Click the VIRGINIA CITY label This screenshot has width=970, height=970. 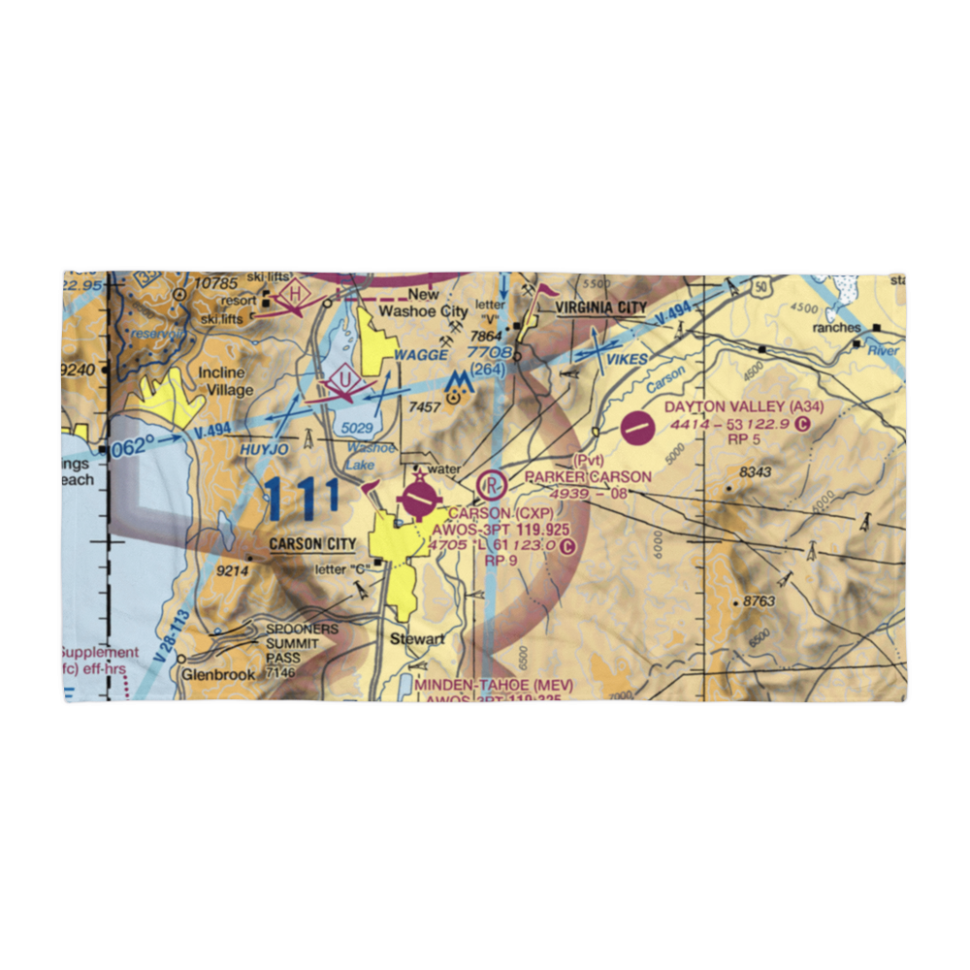coord(600,307)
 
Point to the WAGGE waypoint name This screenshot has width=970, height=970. coord(421,355)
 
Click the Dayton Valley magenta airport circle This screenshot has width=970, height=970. coord(636,427)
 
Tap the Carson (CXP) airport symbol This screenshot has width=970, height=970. coord(419,500)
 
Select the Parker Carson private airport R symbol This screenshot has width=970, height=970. coord(493,482)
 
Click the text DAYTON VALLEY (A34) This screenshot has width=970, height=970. coord(744,407)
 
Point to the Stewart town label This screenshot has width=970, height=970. coord(417,639)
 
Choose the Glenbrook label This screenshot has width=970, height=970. coord(215,674)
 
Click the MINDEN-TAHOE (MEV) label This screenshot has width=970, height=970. coord(494,685)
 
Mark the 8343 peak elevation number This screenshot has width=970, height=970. coord(755,472)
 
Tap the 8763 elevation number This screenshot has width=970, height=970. coord(759,601)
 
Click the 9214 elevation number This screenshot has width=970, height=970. coord(232,571)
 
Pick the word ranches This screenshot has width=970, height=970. coord(836,328)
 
